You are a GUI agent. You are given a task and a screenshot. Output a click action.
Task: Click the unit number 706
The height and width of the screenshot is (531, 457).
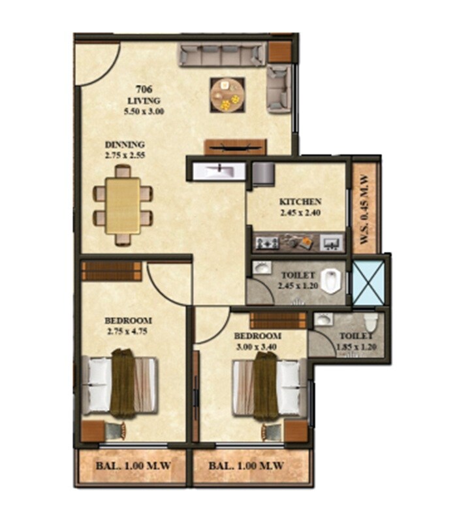(x=144, y=90)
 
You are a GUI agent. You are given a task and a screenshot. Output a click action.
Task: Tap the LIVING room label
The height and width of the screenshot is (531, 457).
(x=144, y=101)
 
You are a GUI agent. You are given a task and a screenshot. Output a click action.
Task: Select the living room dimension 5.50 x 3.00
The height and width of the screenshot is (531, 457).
(x=144, y=112)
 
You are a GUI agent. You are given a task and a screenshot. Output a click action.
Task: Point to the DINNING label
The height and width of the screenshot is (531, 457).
(x=125, y=145)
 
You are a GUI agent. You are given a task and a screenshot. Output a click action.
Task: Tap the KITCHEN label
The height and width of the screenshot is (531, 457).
(x=300, y=201)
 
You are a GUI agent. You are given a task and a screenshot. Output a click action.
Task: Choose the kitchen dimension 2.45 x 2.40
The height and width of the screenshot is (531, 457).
(x=300, y=212)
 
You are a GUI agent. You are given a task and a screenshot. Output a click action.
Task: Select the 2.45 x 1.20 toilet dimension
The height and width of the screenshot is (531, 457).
(x=296, y=285)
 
